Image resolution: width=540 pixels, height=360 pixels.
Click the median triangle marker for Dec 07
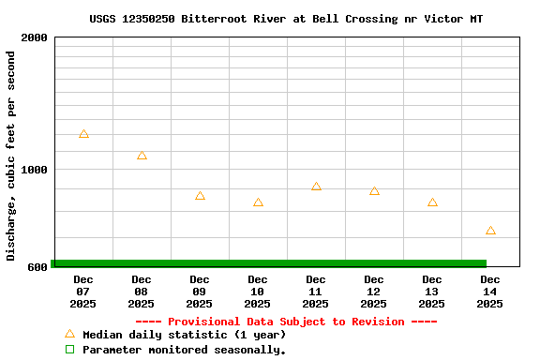(x=83, y=135)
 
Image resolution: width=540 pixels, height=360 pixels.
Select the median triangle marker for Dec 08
(x=142, y=156)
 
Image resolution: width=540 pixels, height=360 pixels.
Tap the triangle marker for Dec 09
(x=200, y=196)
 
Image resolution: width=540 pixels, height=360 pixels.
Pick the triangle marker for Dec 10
(x=258, y=202)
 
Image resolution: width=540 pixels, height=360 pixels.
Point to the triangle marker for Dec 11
(x=316, y=187)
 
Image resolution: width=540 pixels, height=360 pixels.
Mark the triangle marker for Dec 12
(x=374, y=191)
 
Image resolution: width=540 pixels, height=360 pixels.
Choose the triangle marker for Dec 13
(x=432, y=202)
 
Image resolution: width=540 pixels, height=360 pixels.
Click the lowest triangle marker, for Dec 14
(x=490, y=231)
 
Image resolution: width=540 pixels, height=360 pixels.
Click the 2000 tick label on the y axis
(x=34, y=37)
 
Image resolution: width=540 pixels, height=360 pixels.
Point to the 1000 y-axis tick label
(x=34, y=170)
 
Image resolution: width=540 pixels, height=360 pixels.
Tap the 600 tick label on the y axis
(x=37, y=267)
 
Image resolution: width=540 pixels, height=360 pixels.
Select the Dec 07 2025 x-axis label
(x=83, y=292)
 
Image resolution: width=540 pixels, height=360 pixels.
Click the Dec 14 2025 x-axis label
(x=490, y=292)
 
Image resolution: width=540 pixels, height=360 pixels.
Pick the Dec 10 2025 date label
(x=258, y=292)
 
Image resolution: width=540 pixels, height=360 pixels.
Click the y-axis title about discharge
(x=11, y=156)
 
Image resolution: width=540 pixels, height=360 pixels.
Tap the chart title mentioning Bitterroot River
(x=287, y=19)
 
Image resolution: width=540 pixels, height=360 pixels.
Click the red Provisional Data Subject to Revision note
(x=287, y=322)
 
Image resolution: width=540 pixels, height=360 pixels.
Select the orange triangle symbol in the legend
(x=69, y=334)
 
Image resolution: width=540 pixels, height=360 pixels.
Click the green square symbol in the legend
(x=69, y=350)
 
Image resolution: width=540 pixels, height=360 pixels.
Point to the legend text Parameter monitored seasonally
(x=184, y=350)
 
